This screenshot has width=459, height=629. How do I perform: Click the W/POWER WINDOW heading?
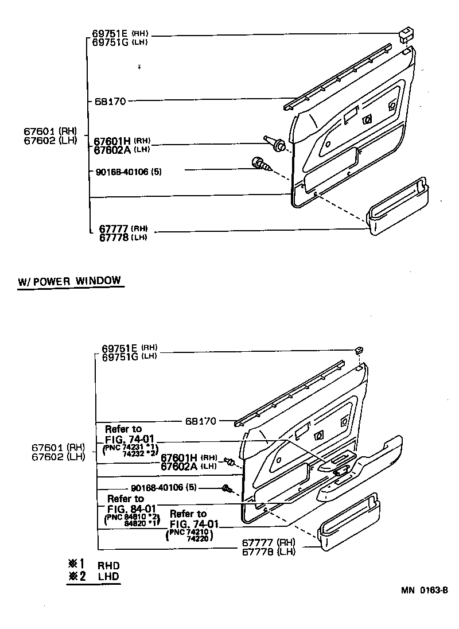(70, 281)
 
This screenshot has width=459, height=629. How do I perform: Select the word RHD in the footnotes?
(108, 565)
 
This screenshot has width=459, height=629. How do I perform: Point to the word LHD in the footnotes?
(108, 576)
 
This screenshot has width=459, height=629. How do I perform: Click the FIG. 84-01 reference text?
(131, 508)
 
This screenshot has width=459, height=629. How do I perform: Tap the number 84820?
(137, 523)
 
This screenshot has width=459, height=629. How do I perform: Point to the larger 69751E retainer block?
(407, 34)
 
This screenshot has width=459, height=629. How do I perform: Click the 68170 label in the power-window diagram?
(201, 421)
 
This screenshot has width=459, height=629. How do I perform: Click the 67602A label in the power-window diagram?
(179, 466)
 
